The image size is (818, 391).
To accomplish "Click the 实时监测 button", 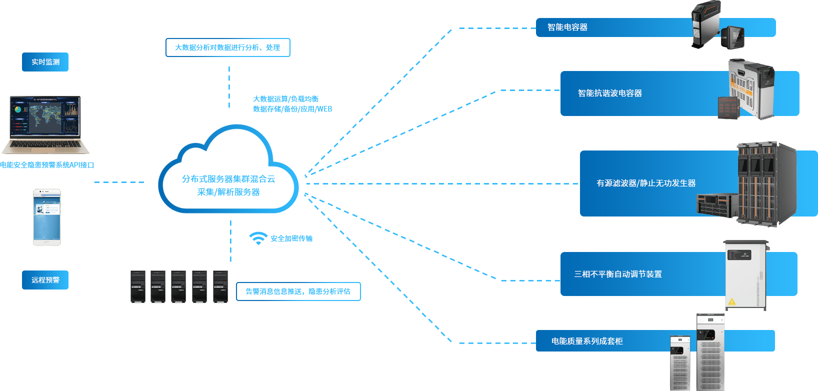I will [45, 62].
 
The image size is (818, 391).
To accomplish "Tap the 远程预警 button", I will [45, 280].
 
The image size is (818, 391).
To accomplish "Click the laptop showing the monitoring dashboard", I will [45, 125].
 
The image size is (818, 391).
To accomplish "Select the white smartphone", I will [47, 217].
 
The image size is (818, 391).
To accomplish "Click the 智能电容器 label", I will [567, 27].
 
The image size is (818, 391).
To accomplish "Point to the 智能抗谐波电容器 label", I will [609, 93].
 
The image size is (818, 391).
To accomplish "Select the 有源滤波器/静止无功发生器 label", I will [645, 183].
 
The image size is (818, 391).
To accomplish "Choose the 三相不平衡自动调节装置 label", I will [617, 274].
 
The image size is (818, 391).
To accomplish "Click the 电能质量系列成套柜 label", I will [586, 341].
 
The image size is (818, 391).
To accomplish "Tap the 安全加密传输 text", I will [291, 238].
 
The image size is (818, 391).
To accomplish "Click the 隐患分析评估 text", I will [329, 291].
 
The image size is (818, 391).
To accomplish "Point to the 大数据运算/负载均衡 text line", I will [285, 99].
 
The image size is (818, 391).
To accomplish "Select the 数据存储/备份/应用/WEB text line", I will [292, 109].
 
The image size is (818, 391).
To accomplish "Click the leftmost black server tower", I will [137, 286].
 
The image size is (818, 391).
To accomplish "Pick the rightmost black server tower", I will [220, 286].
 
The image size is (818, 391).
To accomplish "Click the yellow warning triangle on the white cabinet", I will [732, 301].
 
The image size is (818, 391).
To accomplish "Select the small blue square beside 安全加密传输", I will [257, 238].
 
